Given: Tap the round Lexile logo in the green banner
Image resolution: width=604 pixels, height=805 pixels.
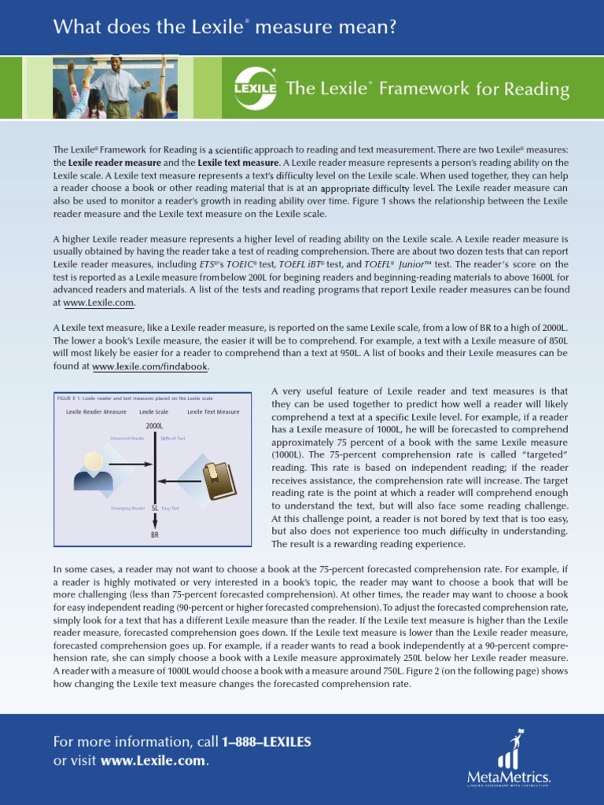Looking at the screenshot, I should [256, 89].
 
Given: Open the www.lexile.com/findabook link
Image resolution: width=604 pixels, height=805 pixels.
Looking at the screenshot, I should [151, 367].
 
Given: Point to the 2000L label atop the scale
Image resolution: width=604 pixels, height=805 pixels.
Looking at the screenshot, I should [154, 425].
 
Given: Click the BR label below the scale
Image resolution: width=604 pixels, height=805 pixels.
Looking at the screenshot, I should [155, 535].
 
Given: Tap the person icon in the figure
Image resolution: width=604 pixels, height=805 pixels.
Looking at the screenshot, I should [93, 471].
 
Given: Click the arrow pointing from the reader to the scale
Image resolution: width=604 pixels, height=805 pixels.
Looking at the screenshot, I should [131, 464].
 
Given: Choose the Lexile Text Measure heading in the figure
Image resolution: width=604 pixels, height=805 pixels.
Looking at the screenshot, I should [213, 412].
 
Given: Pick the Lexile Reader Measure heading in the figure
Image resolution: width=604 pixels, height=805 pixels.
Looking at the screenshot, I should [96, 412].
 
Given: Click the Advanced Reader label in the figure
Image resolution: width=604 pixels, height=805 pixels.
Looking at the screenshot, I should [127, 438].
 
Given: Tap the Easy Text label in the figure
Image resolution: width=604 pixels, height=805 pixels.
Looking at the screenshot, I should [171, 509].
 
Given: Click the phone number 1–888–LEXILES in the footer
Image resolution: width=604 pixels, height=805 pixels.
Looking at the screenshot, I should [267, 742].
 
